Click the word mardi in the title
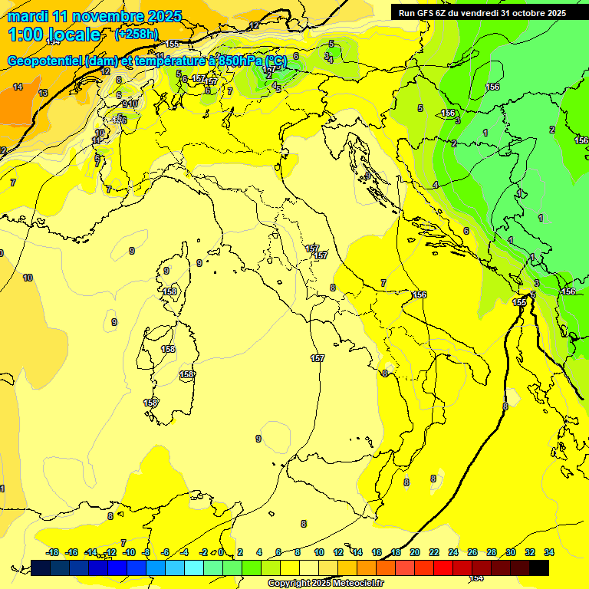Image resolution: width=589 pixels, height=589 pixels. coord(26,16)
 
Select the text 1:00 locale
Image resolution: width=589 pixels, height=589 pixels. coord(54,35)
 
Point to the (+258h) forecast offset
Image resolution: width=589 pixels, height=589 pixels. coord(137,35)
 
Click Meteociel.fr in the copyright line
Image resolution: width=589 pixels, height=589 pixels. coord(353,583)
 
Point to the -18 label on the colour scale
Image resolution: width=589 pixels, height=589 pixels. coord(52,552)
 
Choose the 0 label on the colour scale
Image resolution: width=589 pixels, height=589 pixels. coord(221,552)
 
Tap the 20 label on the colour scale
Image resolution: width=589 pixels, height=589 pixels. coord(415,552)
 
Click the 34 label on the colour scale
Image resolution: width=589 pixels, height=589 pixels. coord(549,552)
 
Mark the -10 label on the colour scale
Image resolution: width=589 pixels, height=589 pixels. coord(130,552)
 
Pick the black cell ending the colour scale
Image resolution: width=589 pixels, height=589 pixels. coord(539,568)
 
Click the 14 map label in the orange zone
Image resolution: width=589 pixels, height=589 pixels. coord(17,87)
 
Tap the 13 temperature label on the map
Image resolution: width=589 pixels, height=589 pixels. coord(43,93)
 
